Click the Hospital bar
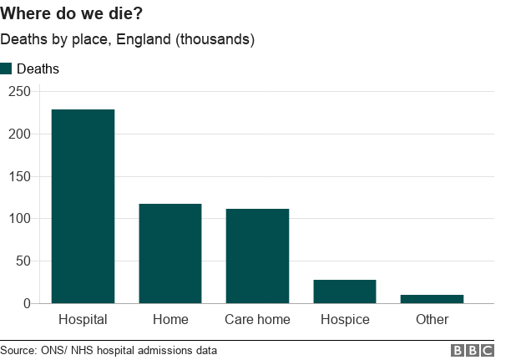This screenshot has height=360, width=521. (83, 206)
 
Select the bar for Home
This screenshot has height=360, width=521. (170, 253)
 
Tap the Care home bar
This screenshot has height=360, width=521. (257, 256)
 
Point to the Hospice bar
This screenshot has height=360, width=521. (345, 292)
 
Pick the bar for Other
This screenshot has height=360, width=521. (432, 299)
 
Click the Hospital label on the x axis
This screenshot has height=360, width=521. (83, 319)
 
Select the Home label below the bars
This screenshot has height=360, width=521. (170, 319)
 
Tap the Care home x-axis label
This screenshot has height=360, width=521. (257, 319)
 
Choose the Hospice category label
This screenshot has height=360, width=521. (345, 319)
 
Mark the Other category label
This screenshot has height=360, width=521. (432, 319)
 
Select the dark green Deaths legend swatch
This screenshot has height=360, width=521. (7, 68)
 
